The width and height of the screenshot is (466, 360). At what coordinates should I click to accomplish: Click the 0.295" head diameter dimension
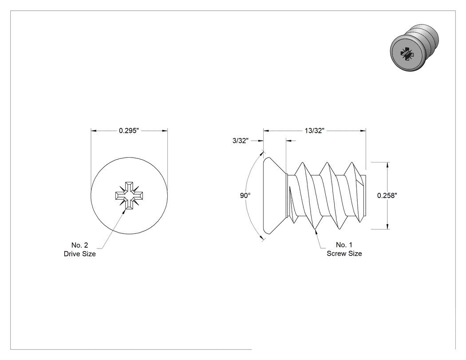tap(129, 131)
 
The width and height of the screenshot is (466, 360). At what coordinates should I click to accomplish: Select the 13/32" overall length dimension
tap(314, 131)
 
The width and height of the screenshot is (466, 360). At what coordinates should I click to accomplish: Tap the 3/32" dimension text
tap(241, 141)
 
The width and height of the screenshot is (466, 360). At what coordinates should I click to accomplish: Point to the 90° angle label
tap(245, 196)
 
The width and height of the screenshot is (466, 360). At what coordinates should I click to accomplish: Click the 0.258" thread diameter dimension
tap(387, 195)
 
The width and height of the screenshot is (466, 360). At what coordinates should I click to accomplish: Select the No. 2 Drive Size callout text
tap(79, 249)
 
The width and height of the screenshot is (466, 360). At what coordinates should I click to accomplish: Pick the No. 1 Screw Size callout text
tap(344, 249)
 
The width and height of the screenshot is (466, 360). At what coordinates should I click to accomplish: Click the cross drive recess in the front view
tap(129, 196)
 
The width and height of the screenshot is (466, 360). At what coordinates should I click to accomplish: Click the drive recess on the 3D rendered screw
tap(406, 53)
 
